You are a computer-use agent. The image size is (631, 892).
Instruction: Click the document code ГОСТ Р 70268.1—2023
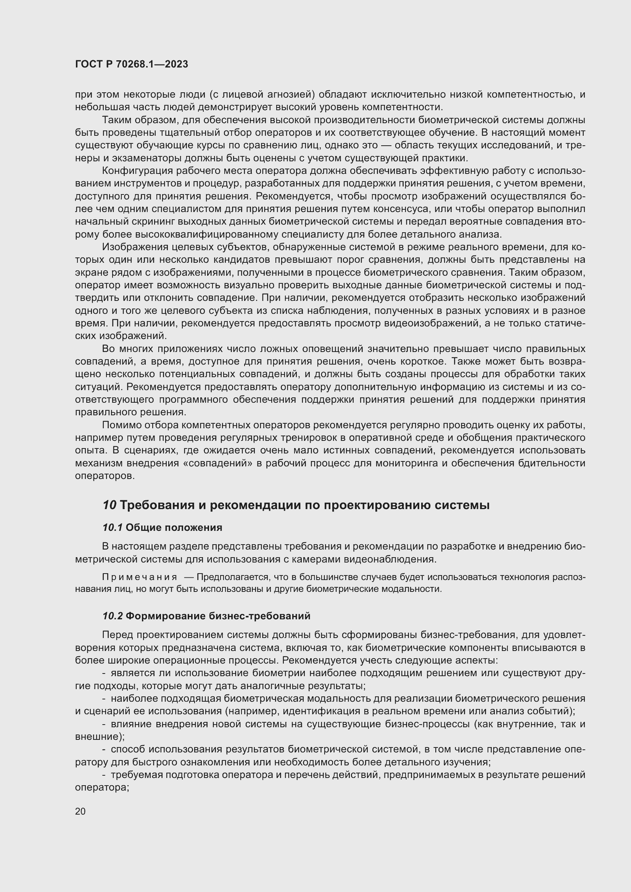(131, 64)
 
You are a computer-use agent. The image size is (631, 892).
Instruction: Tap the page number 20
(80, 811)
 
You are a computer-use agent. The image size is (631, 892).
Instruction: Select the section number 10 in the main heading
(109, 505)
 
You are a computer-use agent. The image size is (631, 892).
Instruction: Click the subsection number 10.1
(112, 527)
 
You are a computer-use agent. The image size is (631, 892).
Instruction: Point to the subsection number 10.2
(112, 616)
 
